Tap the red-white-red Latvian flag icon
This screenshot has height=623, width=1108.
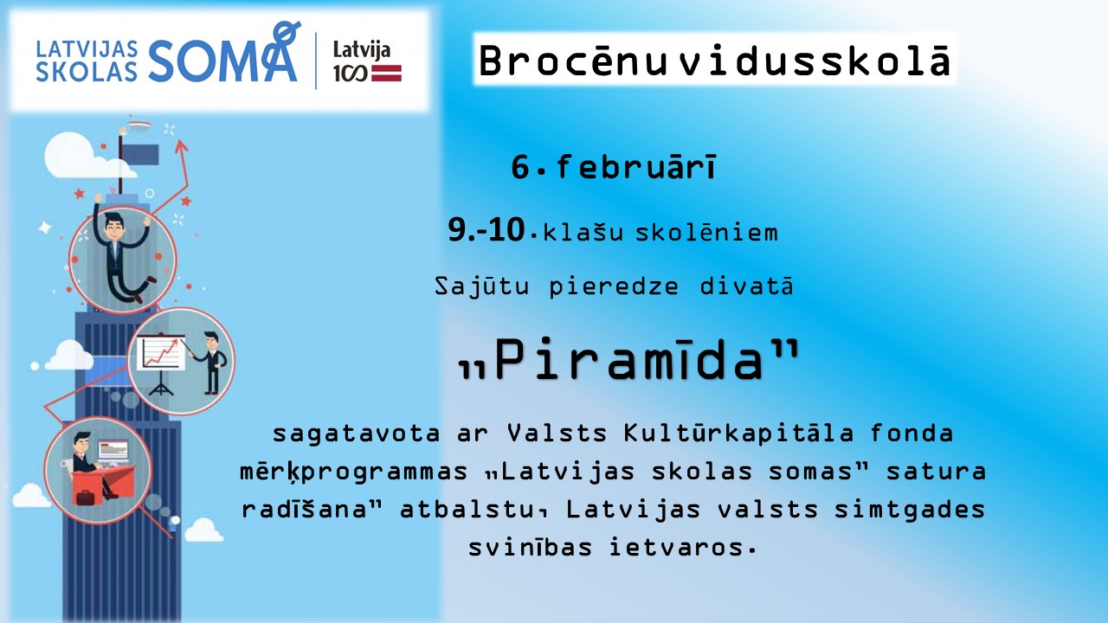tap(386, 74)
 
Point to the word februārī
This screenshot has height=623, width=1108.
tap(636, 167)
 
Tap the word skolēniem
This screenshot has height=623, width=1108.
tap(706, 232)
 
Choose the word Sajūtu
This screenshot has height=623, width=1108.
tap(481, 286)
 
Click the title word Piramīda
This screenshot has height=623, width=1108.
tap(629, 359)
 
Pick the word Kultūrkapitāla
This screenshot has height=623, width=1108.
tap(738, 434)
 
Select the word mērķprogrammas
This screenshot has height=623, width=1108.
tap(354, 472)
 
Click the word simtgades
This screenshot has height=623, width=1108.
tap(910, 510)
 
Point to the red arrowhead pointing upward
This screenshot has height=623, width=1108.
tap(181, 146)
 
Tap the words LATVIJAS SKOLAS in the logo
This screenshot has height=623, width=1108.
tap(87, 61)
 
